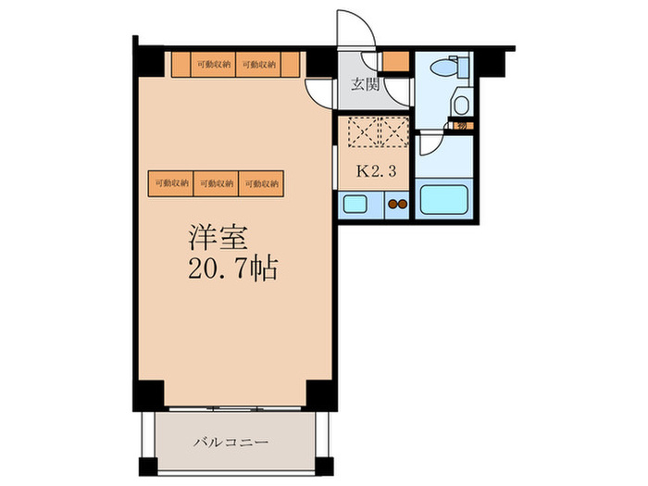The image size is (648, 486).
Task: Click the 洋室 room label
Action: click(219, 238)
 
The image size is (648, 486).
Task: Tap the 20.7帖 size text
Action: click(231, 270)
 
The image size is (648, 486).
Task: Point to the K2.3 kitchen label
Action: click(373, 171)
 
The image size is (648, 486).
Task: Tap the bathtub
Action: click(446, 201)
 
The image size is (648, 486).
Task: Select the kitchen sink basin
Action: click(355, 206)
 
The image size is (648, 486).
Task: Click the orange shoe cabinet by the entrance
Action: click(396, 63)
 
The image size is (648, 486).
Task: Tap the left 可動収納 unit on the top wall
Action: click(213, 64)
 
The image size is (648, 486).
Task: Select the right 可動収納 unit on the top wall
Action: click(258, 64)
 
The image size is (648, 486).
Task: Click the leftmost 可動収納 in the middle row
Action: click(171, 183)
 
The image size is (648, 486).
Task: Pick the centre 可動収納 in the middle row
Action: click(217, 183)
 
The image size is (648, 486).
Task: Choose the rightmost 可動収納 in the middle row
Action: click(262, 183)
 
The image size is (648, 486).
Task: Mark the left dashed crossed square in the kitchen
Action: click(357, 133)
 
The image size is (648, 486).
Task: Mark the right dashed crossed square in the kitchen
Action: click(393, 133)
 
